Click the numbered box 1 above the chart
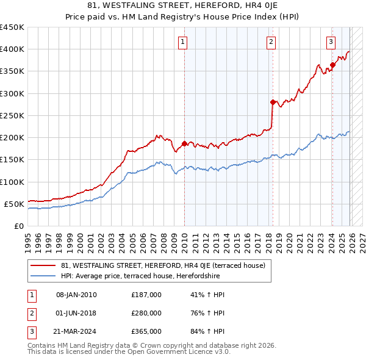click(183, 42)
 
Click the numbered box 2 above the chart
click(270, 42)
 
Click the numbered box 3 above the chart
click(330, 42)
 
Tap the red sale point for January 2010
click(184, 143)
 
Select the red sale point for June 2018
click(273, 102)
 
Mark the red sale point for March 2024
click(332, 65)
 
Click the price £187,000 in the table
click(146, 295)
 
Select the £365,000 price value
click(146, 331)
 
